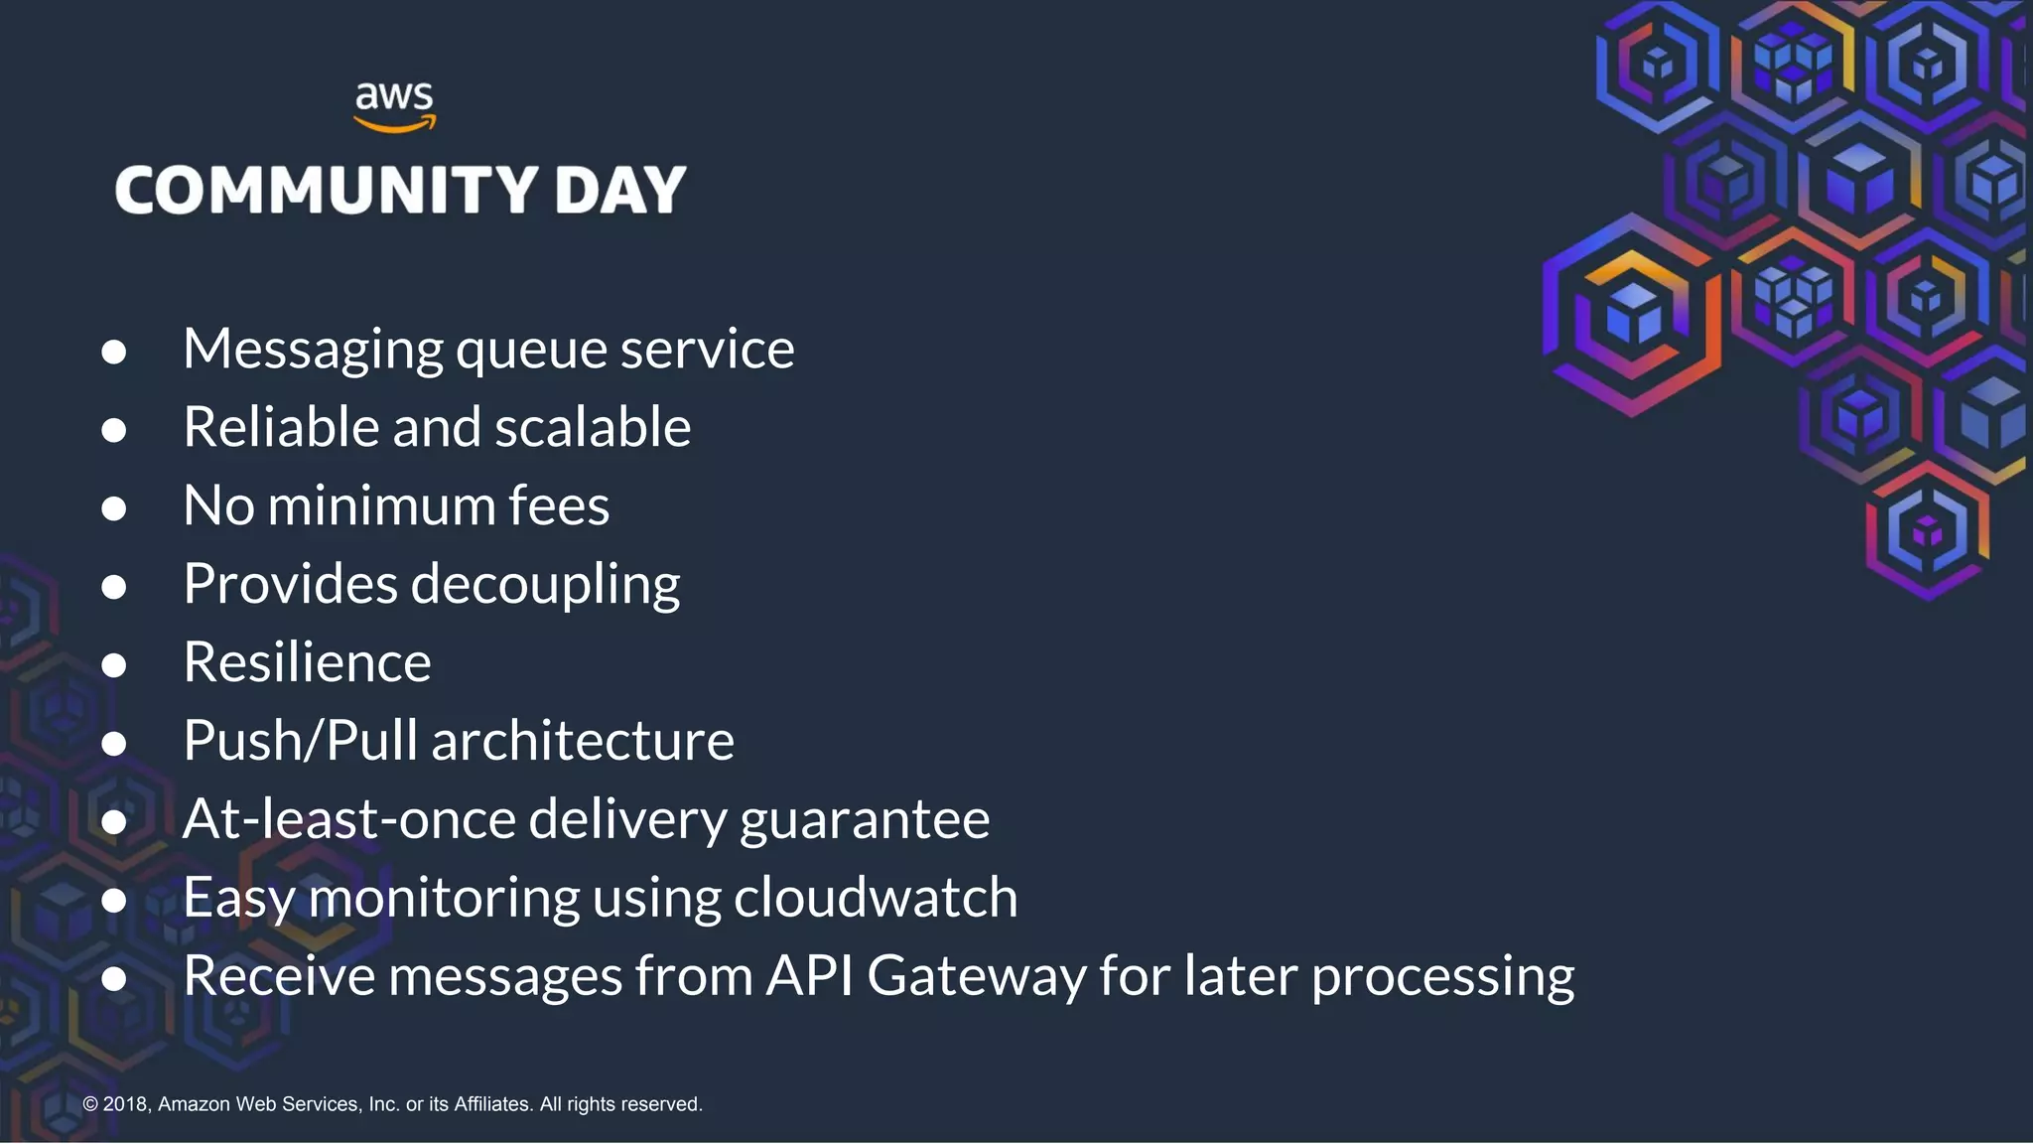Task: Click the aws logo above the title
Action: (395, 106)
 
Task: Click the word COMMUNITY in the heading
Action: (327, 190)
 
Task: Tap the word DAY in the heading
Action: (620, 190)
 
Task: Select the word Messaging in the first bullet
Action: (313, 350)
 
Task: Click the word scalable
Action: (593, 427)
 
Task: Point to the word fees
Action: (559, 505)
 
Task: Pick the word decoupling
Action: (545, 584)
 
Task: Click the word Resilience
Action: (307, 662)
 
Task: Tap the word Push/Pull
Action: (301, 741)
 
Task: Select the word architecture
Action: (583, 741)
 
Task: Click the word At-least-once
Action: (349, 819)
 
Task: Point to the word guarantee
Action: (865, 820)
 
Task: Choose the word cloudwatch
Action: (876, 898)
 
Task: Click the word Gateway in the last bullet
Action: (977, 976)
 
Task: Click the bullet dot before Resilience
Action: (114, 665)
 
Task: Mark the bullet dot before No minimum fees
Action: (114, 508)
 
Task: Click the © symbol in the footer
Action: (90, 1104)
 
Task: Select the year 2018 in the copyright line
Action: (126, 1104)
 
